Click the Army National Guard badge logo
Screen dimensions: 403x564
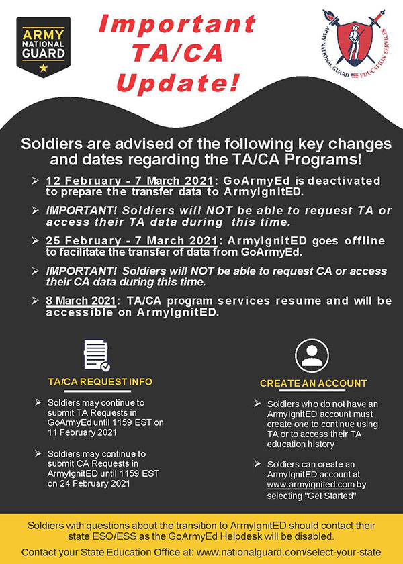(43, 47)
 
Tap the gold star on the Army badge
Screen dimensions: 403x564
(43, 67)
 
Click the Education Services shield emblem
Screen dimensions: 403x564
(354, 42)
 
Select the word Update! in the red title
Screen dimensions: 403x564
(177, 82)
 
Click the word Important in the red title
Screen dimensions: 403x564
(177, 23)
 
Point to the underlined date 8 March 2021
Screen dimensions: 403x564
(81, 301)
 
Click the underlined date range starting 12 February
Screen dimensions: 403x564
(129, 181)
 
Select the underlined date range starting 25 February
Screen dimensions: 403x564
(132, 240)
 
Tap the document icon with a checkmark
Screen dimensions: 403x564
(97, 355)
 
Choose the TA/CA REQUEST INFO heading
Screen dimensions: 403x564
(100, 381)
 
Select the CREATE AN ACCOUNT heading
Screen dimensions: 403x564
(314, 383)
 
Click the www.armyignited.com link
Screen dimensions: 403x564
(311, 485)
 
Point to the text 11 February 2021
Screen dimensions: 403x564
(82, 432)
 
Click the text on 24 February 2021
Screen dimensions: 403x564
(89, 483)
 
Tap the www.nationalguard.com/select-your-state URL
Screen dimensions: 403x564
(289, 552)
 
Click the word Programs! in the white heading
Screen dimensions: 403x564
(322, 160)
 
